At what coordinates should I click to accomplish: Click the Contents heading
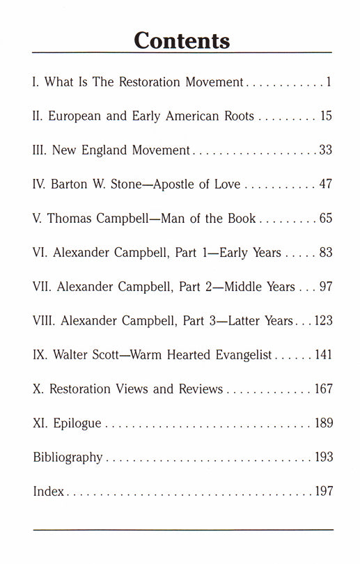coord(182,40)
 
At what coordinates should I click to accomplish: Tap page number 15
coord(326,116)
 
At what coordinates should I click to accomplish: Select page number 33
coord(325,150)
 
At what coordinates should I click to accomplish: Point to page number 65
coord(325,219)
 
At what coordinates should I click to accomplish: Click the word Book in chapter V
coord(240,219)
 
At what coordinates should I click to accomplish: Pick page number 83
coord(325,253)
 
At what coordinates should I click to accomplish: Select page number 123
coord(323,321)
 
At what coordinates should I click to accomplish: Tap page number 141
coord(322,355)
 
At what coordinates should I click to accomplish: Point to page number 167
coord(322,389)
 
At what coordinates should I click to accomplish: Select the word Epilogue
coord(79,423)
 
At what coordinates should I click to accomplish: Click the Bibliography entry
coord(68,457)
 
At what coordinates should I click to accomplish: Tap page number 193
coord(322,457)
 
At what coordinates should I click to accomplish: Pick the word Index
coord(48,492)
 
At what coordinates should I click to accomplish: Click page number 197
coord(322,492)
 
